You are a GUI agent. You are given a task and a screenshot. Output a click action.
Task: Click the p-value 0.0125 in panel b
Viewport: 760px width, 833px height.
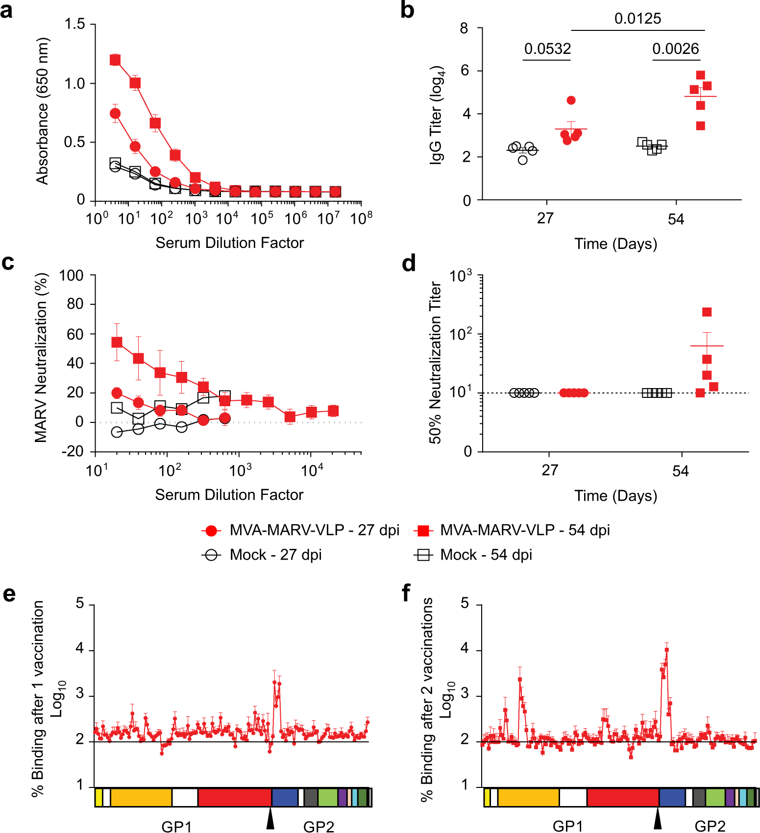[x=637, y=19]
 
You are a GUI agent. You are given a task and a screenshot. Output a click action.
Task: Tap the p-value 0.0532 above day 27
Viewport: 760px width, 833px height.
[x=547, y=49]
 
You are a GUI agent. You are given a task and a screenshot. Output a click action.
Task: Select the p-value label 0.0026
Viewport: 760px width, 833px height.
[x=675, y=49]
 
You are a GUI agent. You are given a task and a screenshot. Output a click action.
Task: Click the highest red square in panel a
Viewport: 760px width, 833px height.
[x=115, y=60]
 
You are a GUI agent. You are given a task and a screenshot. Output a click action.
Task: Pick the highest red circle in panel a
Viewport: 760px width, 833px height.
[x=115, y=114]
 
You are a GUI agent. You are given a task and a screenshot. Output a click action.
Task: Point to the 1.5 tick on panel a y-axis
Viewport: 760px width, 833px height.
[x=74, y=24]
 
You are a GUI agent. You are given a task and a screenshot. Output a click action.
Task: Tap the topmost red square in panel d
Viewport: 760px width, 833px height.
[x=707, y=312]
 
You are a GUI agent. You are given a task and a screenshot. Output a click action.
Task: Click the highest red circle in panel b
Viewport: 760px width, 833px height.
[x=571, y=100]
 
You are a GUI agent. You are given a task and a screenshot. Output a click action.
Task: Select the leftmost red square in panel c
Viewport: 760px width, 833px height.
[x=117, y=342]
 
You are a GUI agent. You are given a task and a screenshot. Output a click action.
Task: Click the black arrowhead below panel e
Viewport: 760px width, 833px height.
[x=270, y=819]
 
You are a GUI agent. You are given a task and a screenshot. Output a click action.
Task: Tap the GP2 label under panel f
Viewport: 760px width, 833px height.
[x=710, y=826]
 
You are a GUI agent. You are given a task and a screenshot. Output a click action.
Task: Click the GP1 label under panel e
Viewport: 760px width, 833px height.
[x=176, y=826]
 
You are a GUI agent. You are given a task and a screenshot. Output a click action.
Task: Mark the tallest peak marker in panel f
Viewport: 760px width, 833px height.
[x=666, y=650]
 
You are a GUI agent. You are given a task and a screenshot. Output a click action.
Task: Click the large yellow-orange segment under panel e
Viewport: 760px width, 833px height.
[x=141, y=797]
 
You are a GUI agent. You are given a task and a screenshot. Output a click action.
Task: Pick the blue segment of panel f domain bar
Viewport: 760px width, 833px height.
[x=672, y=797]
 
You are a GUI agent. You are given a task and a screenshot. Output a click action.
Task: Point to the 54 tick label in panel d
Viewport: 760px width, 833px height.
[x=680, y=471]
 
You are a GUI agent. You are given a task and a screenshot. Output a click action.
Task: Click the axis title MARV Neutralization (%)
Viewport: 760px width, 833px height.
[x=41, y=358]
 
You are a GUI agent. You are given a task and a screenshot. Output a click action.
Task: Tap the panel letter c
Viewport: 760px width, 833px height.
[x=8, y=263]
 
